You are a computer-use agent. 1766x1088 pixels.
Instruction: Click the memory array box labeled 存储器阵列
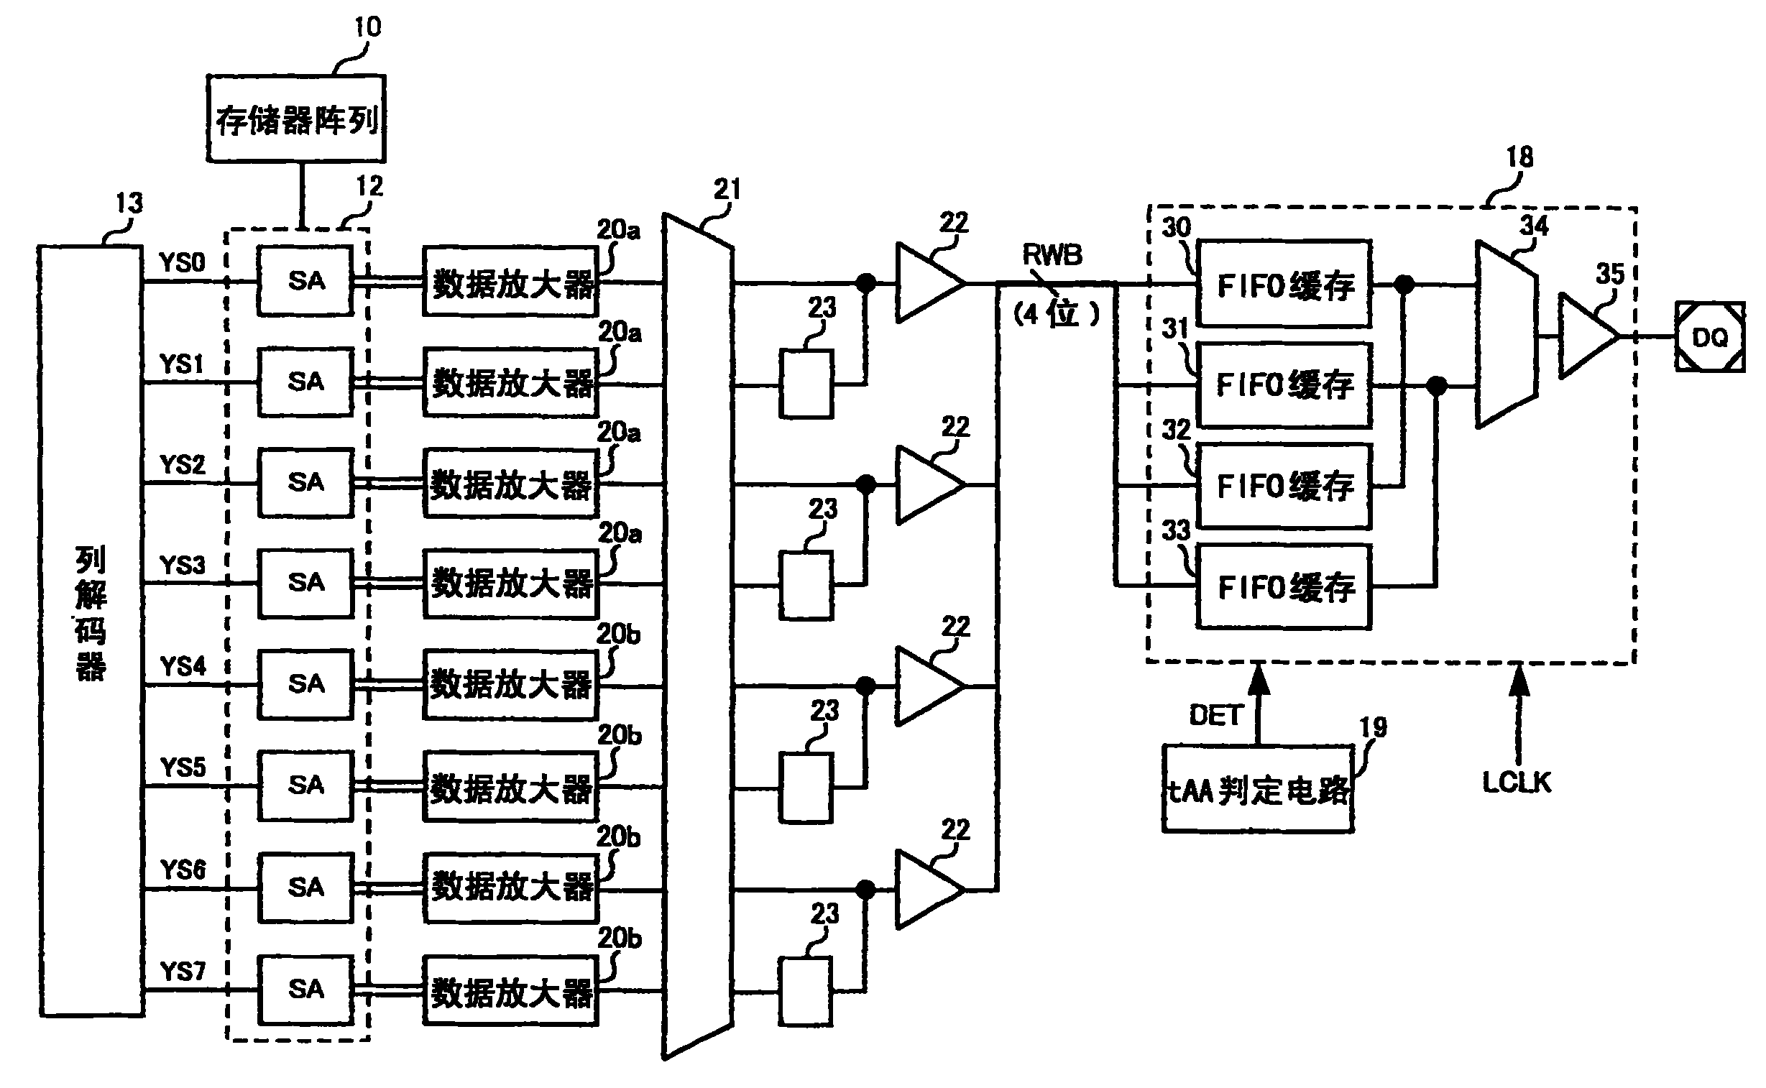296,119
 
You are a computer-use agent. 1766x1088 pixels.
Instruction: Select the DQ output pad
1710,337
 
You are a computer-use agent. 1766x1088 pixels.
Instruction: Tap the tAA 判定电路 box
1258,790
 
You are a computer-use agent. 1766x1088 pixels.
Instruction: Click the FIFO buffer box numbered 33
1284,587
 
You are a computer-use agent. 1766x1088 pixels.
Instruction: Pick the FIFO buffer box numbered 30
1284,285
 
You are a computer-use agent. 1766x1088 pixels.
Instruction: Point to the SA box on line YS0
305,281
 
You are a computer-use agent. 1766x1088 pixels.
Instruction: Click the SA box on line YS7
305,990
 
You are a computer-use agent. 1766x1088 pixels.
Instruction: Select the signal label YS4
183,666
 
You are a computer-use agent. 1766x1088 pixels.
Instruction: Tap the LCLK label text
1517,782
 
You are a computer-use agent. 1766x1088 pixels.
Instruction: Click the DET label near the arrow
1215,715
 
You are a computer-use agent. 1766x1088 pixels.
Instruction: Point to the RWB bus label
1052,254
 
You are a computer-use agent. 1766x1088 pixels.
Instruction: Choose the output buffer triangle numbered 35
1586,336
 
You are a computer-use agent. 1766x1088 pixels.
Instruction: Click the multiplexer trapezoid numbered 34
1507,335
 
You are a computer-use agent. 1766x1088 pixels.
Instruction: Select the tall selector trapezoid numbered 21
697,637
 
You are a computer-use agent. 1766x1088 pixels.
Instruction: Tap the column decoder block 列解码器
91,630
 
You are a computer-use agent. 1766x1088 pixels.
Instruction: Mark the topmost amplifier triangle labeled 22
926,283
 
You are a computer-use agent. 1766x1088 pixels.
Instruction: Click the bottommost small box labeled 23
806,991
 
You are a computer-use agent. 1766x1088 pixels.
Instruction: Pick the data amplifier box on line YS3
510,584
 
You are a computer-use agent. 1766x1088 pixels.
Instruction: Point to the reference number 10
367,27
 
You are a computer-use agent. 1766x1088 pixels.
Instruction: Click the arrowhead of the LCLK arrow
1519,678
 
